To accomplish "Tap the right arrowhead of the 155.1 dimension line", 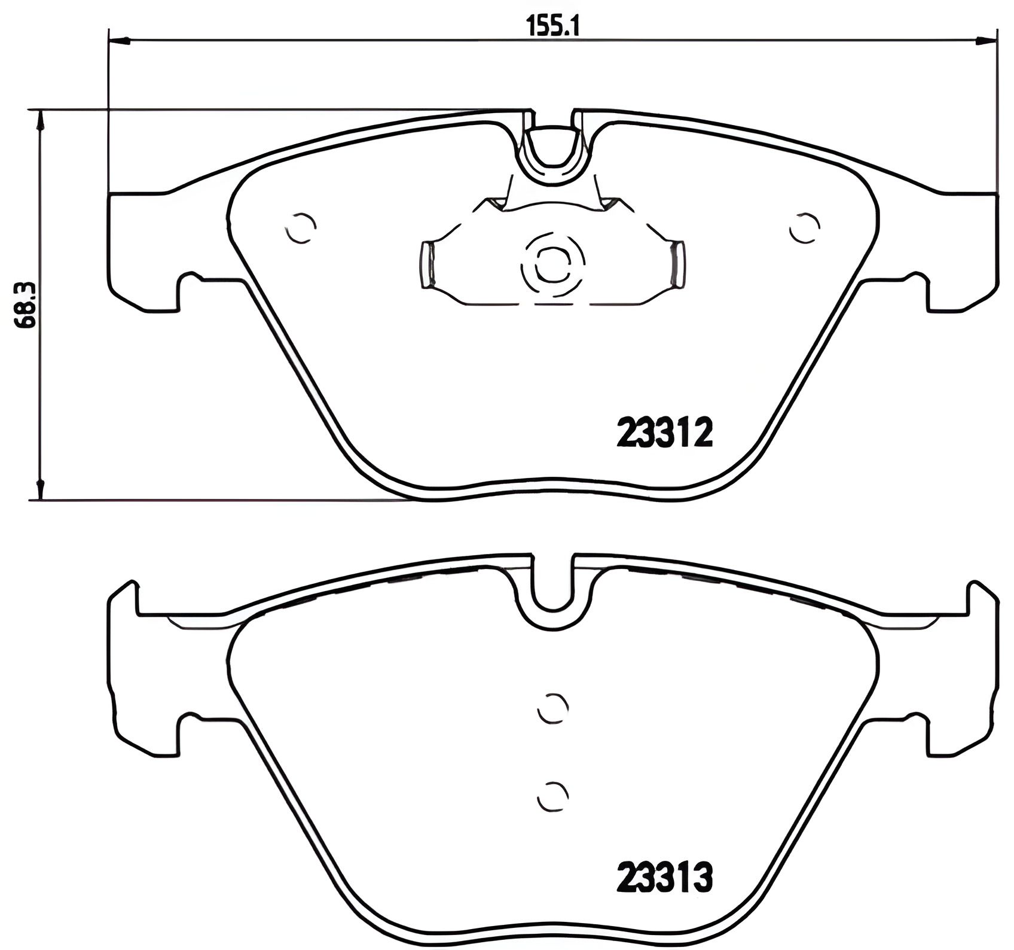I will [987, 41].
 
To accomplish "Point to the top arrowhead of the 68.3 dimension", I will [40, 120].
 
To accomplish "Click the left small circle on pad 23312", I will [301, 228].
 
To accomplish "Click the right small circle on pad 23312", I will [804, 228].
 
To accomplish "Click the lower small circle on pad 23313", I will [552, 796].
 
